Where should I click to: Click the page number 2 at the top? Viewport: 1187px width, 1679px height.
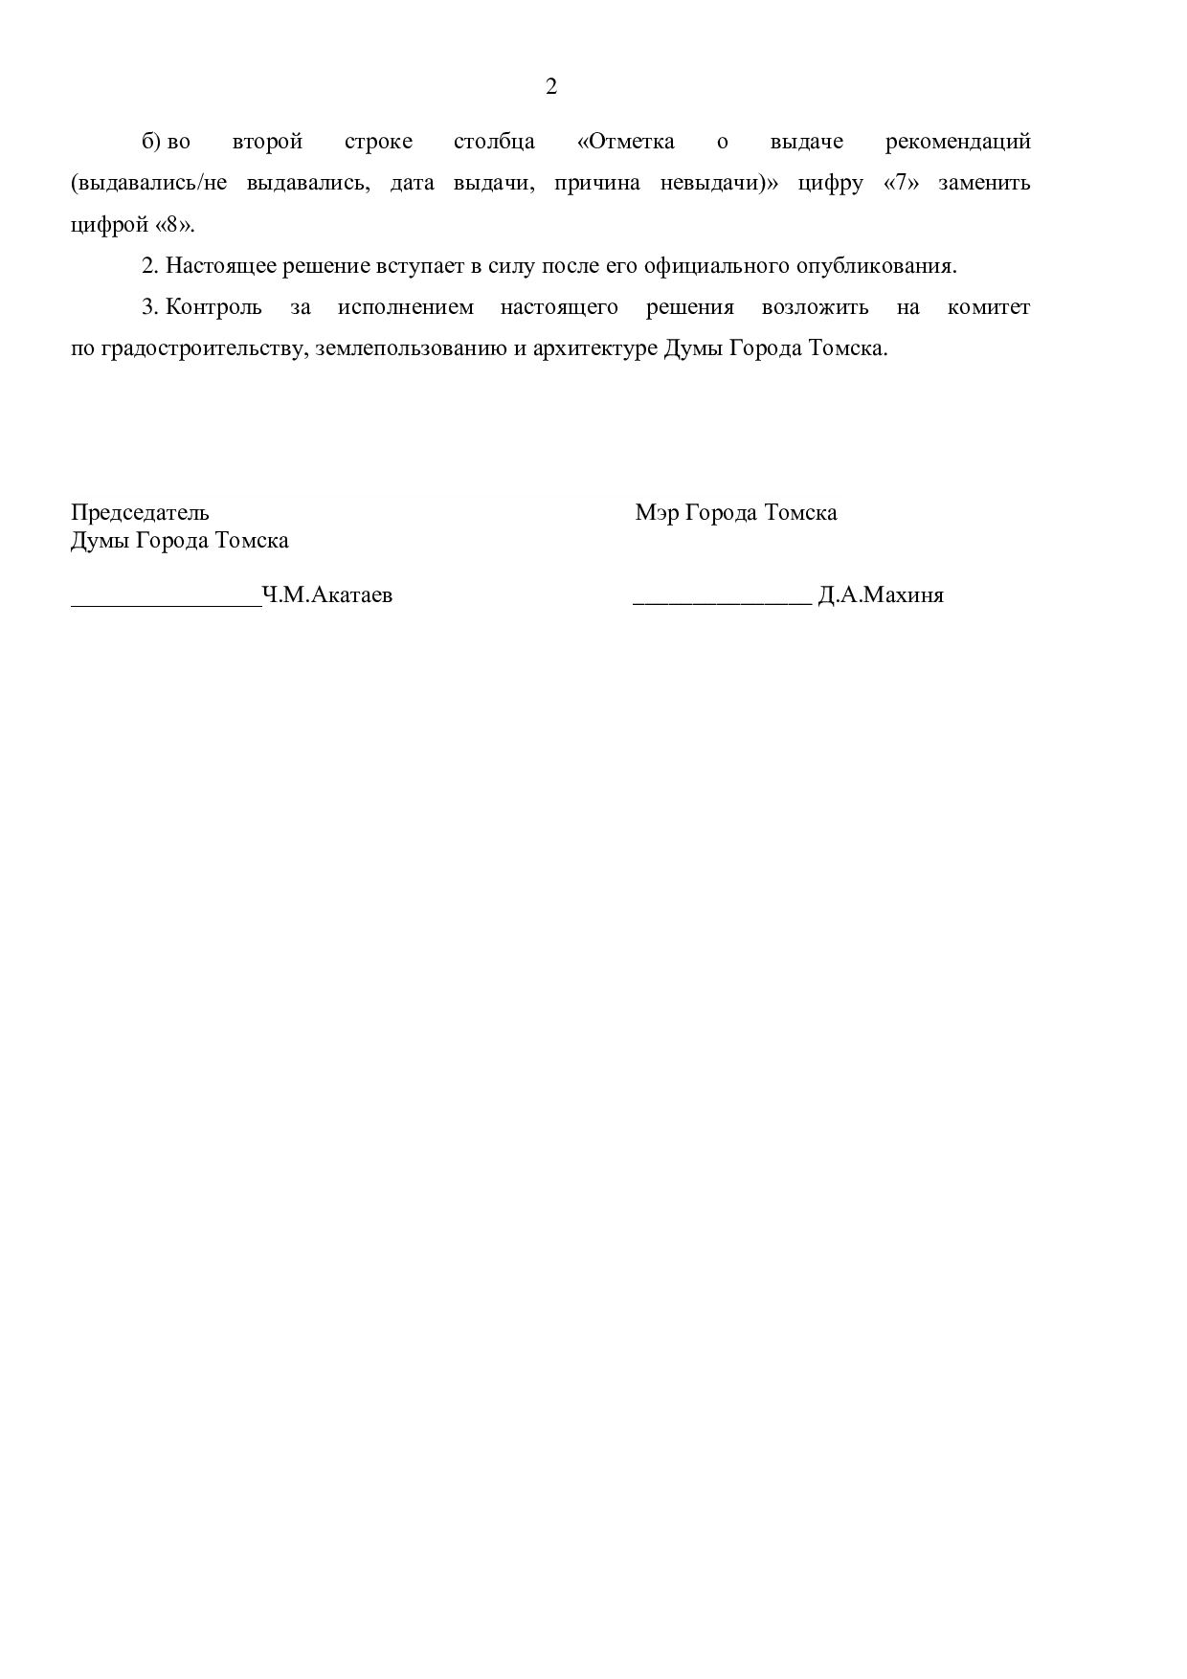tap(550, 87)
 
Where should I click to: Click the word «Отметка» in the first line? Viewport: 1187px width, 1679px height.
tap(627, 142)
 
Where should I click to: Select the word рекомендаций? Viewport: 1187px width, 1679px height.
tap(957, 142)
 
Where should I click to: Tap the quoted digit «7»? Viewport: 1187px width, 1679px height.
tap(901, 183)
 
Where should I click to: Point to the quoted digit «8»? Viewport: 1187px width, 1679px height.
tap(173, 225)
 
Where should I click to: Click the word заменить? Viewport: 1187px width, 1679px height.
tap(984, 183)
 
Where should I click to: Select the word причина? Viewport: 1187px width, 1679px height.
tap(597, 183)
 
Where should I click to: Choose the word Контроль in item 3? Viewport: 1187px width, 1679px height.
tap(213, 307)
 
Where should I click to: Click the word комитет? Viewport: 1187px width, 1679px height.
tap(989, 307)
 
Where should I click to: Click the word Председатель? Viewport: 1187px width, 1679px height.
tap(140, 512)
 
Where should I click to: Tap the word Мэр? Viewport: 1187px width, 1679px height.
tap(657, 512)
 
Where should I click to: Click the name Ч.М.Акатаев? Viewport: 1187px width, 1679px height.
tap(327, 595)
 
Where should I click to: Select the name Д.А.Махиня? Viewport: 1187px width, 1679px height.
tap(881, 595)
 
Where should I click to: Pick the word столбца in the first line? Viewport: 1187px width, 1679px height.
tap(494, 142)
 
